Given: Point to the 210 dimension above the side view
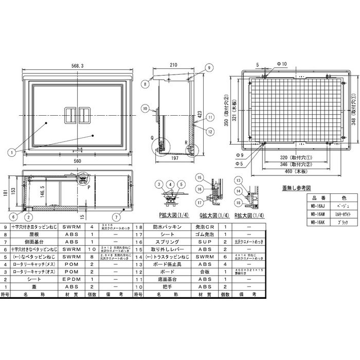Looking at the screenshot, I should (173, 65).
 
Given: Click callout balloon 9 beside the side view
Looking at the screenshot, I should (210, 67).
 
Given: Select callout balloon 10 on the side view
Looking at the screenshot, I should (146, 109).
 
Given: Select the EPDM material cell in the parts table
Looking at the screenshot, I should (70, 278).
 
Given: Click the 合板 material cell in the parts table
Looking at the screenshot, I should (201, 270).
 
